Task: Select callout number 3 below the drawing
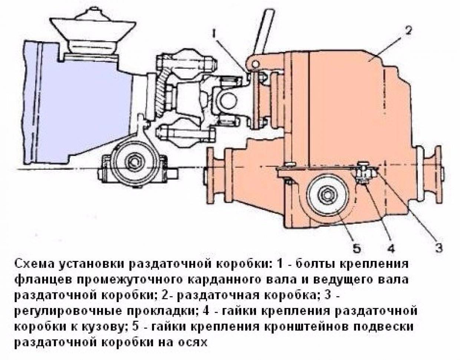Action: (439, 248)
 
